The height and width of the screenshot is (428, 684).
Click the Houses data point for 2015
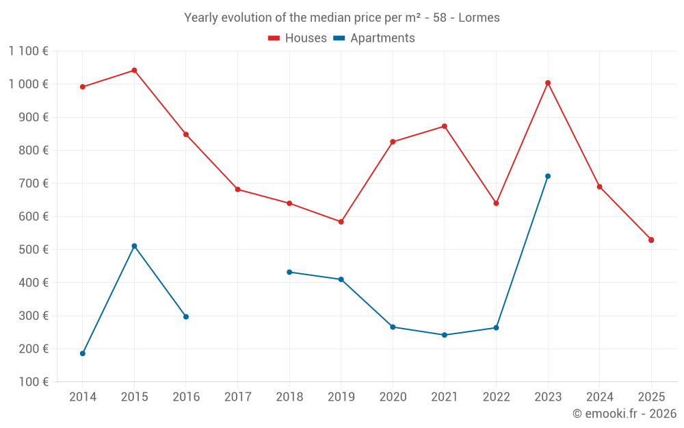point(134,71)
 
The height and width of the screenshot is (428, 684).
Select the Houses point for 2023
point(548,83)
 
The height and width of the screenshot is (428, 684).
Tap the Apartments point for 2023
point(548,176)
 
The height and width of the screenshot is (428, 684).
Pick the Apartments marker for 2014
point(83,353)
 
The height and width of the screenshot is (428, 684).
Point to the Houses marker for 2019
point(341,222)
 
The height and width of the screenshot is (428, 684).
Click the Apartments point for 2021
point(445,335)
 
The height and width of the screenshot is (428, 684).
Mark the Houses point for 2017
point(237,189)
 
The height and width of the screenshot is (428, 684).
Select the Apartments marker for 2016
point(186,316)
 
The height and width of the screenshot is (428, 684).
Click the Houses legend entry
point(298,38)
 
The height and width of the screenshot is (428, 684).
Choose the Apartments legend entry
point(374,38)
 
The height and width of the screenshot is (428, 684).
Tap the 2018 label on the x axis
point(289,396)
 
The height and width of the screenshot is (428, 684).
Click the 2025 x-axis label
point(651,396)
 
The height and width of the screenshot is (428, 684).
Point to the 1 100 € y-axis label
point(28,51)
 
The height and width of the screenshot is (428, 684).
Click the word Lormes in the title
point(479,18)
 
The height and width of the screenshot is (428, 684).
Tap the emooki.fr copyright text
point(624,414)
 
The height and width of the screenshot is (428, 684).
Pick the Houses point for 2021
point(445,126)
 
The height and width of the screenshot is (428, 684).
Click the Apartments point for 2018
point(289,272)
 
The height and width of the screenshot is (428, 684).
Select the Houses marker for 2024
point(600,187)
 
